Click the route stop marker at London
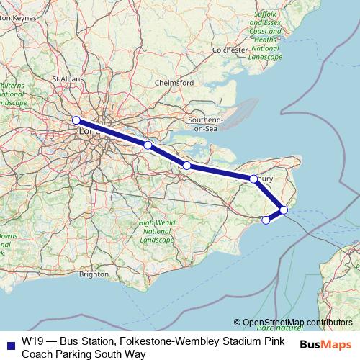click(76, 120)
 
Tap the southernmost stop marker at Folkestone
click(266, 220)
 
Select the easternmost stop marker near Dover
click(284, 210)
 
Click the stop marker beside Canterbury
click(253, 179)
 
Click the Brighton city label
click(94, 274)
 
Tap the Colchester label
click(230, 50)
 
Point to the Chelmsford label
click(174, 83)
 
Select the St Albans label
click(66, 78)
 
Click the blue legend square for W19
click(8, 341)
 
